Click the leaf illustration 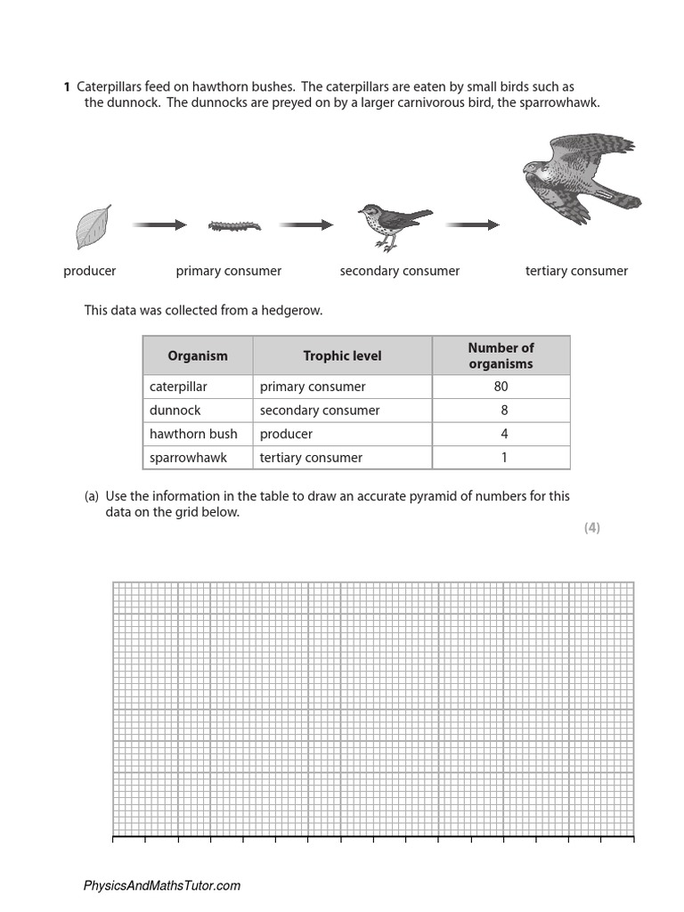[94, 227]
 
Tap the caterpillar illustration [234, 226]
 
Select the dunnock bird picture [390, 226]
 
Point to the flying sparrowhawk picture [578, 177]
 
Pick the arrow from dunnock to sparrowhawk [473, 225]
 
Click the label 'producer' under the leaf [90, 271]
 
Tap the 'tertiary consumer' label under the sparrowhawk [576, 271]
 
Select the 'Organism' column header [198, 355]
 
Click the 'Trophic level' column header [342, 355]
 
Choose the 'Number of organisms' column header [501, 355]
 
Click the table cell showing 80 [501, 387]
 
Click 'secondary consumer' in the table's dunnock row [320, 411]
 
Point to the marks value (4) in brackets [592, 527]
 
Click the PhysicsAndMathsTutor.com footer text [161, 886]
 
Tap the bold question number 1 [67, 87]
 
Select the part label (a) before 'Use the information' [92, 496]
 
